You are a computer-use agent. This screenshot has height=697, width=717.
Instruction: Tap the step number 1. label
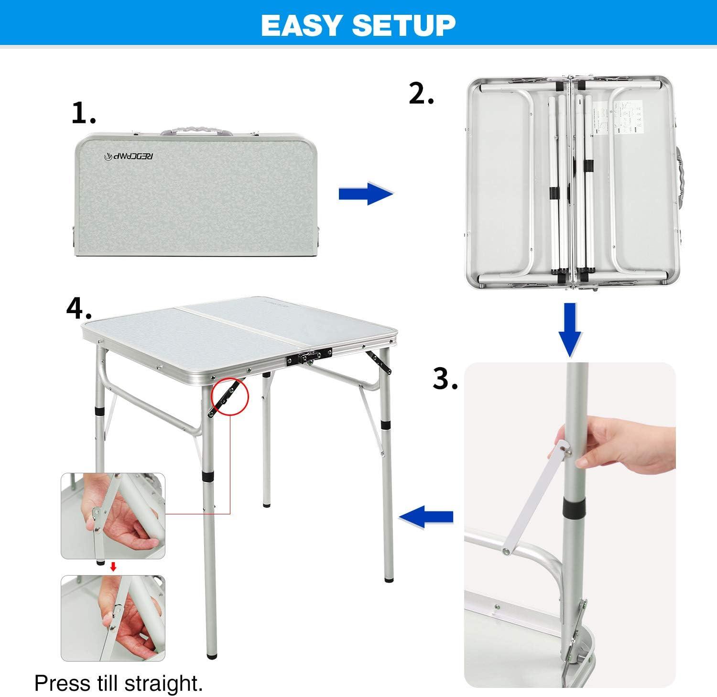84,114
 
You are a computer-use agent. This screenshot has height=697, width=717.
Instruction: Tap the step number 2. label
421,94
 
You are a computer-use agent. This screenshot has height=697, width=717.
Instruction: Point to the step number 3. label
445,379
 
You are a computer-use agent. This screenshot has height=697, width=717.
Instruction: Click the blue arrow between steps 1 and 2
365,194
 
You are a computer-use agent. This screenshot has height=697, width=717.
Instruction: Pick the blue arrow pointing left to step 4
426,516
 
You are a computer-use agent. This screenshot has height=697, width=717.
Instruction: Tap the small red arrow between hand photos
113,567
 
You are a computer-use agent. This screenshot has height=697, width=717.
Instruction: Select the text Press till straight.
119,683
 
